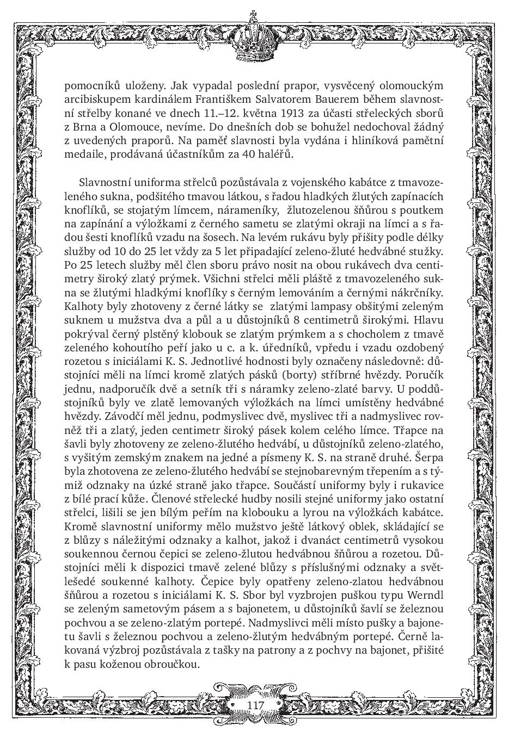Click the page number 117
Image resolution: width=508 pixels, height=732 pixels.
(x=255, y=705)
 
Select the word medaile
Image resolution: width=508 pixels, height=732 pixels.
(x=83, y=154)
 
